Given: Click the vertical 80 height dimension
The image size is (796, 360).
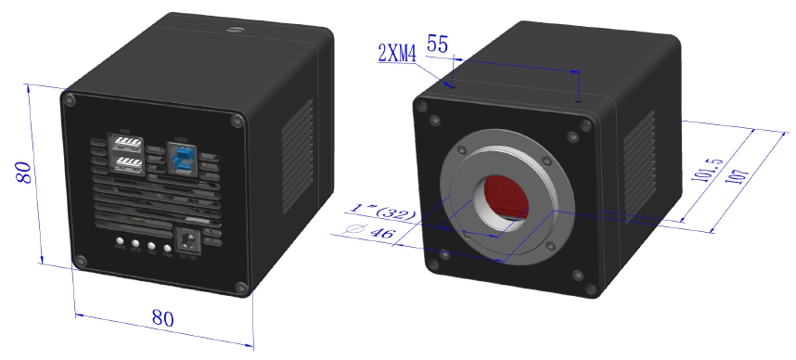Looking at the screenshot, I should [x=24, y=173].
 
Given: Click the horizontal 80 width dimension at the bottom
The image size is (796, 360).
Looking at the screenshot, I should [x=162, y=317].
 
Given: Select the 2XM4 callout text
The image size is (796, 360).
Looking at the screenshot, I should [x=397, y=53].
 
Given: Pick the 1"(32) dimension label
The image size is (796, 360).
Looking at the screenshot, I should [x=382, y=212].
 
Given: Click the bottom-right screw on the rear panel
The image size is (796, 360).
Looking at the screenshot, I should [x=242, y=288].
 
